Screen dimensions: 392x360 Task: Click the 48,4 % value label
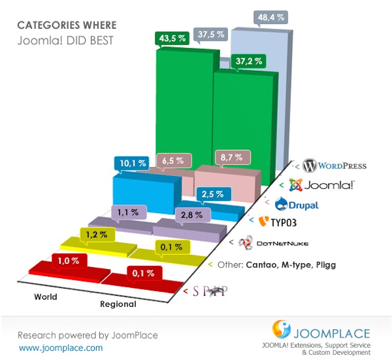click(271, 18)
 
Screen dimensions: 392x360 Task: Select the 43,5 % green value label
click(172, 38)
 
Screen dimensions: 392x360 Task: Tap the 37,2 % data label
click(249, 61)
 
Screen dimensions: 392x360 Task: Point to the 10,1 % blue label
click(132, 164)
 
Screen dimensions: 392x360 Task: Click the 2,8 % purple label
click(191, 215)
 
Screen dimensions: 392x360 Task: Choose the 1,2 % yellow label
click(97, 235)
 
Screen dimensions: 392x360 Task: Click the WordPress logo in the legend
click(334, 166)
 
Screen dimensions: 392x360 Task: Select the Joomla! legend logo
click(321, 185)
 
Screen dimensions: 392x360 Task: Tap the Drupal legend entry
click(297, 204)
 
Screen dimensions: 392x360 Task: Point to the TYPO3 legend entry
click(277, 222)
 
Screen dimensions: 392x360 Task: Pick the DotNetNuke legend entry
click(273, 243)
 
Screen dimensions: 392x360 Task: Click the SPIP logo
click(210, 291)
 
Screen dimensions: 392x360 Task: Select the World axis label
click(45, 297)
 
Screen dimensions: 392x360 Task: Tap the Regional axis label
click(118, 304)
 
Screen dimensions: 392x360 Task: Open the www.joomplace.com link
click(61, 348)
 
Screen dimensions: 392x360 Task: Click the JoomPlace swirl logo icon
click(281, 329)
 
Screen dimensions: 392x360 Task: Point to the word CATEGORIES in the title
click(49, 25)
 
